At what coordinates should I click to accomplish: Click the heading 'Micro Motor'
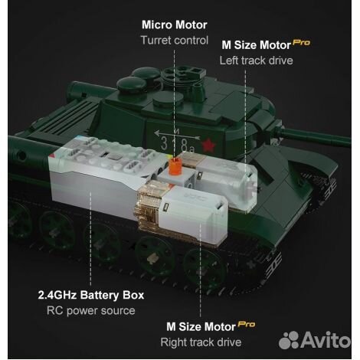[x=175, y=25]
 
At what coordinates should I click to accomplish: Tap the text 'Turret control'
[x=175, y=41]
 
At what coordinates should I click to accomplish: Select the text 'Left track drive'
[x=256, y=61]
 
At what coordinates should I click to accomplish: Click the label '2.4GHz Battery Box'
[x=91, y=295]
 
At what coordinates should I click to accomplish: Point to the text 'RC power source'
[x=91, y=311]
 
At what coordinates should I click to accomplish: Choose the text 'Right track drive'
[x=201, y=342]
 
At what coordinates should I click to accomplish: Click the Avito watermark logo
[x=315, y=340]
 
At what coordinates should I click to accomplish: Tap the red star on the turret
[x=209, y=146]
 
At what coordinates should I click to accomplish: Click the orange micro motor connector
[x=175, y=166]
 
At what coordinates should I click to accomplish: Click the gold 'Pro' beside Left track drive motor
[x=302, y=42]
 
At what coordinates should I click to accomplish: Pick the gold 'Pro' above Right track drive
[x=247, y=324]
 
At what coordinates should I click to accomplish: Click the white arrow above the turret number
[x=177, y=135]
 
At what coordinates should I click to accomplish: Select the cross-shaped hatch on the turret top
[x=184, y=74]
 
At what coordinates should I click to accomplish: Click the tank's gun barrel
[x=316, y=136]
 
